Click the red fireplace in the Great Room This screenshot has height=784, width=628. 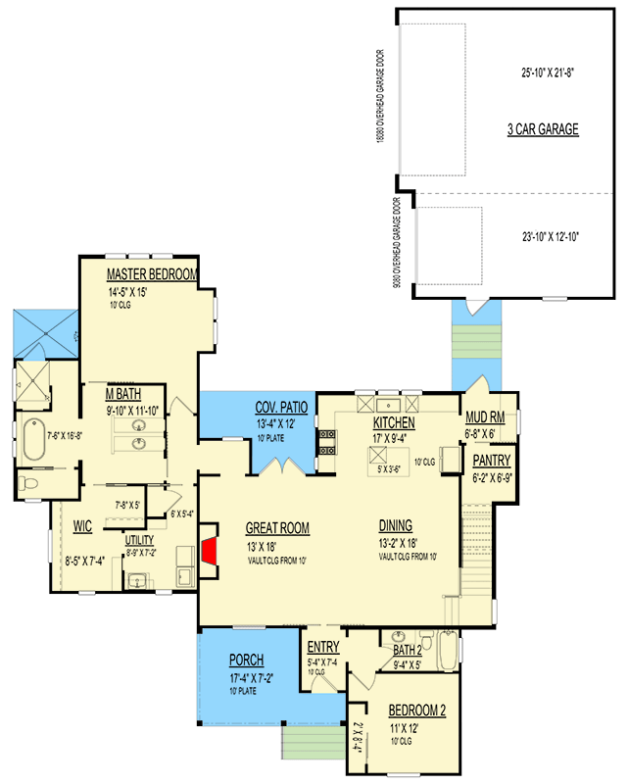tap(209, 550)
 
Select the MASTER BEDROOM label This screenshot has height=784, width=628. tap(153, 274)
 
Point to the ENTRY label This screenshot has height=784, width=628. tap(323, 648)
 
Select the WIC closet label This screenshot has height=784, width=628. tap(82, 526)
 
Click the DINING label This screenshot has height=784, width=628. tap(396, 525)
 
